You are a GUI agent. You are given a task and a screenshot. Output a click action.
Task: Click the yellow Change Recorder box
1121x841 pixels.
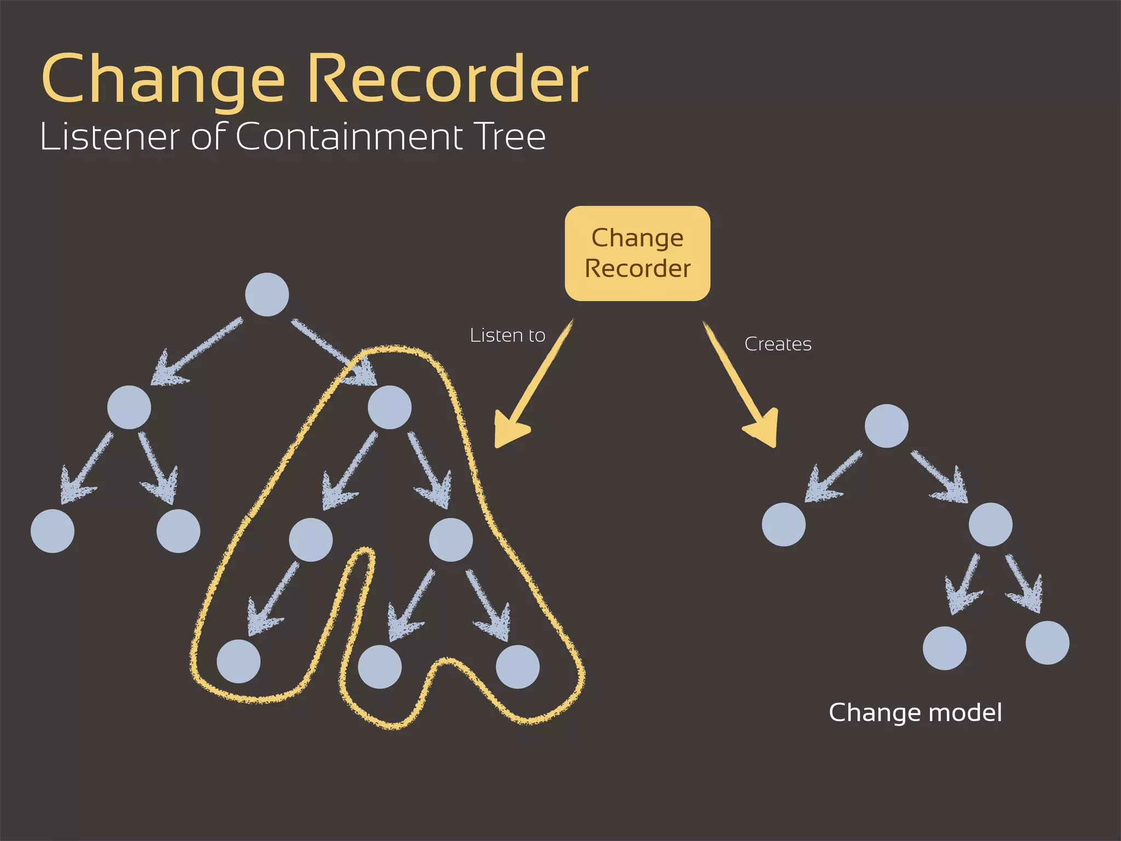[637, 254]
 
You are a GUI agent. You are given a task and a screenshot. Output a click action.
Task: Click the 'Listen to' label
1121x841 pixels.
[507, 335]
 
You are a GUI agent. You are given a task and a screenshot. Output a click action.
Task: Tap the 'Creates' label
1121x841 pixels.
[778, 344]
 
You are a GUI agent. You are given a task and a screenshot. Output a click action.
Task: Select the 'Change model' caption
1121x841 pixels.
[915, 712]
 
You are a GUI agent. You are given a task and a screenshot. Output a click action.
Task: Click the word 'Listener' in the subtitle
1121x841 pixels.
[109, 136]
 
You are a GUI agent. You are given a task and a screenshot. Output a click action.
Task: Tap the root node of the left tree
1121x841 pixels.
[267, 295]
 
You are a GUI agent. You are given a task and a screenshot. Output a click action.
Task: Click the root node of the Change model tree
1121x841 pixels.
[886, 426]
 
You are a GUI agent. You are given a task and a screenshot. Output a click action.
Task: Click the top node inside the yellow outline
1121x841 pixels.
[389, 407]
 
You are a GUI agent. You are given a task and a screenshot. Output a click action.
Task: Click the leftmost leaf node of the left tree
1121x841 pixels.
[53, 531]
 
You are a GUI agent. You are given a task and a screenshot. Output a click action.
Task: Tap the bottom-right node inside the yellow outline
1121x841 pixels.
[517, 666]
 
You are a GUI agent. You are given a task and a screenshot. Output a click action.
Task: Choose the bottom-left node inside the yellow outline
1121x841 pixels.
[239, 661]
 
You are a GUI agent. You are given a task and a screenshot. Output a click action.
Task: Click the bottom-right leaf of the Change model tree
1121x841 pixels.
[1047, 642]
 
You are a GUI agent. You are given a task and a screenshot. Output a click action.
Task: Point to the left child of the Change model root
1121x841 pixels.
[783, 524]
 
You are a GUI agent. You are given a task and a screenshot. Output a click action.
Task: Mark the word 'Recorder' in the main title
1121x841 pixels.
[447, 79]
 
